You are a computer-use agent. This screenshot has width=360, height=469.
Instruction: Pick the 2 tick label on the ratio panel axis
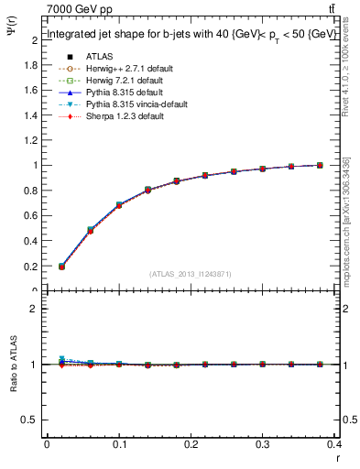35,309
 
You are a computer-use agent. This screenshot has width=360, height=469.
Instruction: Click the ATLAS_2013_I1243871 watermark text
191,274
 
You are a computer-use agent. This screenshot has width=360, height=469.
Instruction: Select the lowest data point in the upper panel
61,267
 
